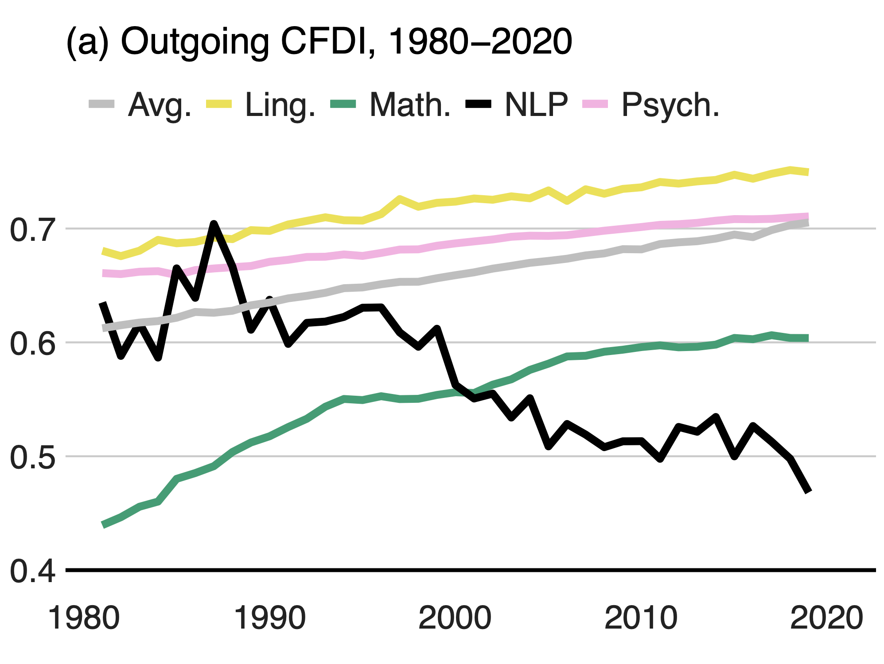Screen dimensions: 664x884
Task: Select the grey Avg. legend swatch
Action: pos(102,104)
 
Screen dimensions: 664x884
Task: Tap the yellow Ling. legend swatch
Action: pos(219,104)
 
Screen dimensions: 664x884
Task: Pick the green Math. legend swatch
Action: pos(343,104)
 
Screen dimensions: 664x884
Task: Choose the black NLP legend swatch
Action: pos(478,104)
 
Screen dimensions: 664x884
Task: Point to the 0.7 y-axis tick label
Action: pos(33,230)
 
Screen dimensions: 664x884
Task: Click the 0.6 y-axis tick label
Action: pos(33,344)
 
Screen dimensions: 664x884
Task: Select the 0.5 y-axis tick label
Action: pos(33,458)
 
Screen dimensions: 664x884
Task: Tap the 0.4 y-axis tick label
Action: pos(33,571)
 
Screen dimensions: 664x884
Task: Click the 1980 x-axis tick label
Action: pos(84,618)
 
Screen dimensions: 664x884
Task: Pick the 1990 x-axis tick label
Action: pos(269,618)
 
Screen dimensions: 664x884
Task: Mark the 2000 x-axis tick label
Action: pos(455,618)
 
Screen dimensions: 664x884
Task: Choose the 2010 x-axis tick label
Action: pos(641,618)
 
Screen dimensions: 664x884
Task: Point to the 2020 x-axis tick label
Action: pos(826,618)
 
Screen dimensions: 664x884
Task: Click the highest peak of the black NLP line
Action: pos(214,224)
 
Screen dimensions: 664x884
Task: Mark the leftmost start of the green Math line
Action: pos(103,525)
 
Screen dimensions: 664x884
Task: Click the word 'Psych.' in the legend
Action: pos(670,105)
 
